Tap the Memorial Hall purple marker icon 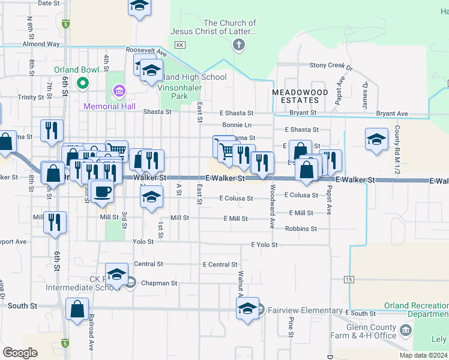click(x=119, y=91)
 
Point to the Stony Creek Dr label click(x=331, y=65)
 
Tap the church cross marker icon click(x=239, y=44)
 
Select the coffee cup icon click(x=100, y=191)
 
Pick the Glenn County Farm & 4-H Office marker click(x=406, y=329)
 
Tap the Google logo click(x=20, y=353)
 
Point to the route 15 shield click(x=349, y=280)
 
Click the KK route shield click(x=179, y=45)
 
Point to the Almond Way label click(x=41, y=44)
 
